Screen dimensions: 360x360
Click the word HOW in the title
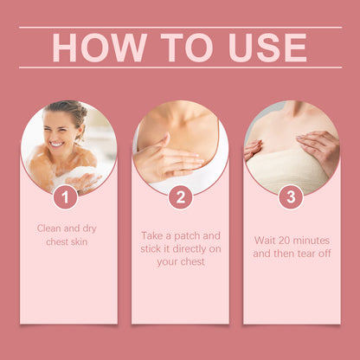pyautogui.click(x=100, y=48)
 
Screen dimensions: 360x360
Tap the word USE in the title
pyautogui.click(x=267, y=48)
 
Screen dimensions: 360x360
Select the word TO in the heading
pyautogui.click(x=187, y=48)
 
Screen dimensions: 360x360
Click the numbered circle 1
pyautogui.click(x=66, y=197)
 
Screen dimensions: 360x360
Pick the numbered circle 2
pyautogui.click(x=181, y=197)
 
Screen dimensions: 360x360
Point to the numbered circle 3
pyautogui.click(x=291, y=197)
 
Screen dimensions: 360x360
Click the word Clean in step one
pyautogui.click(x=49, y=228)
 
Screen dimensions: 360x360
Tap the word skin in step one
pyautogui.click(x=79, y=241)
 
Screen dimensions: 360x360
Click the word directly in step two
pyautogui.click(x=190, y=248)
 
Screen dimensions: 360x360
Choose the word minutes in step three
pyautogui.click(x=311, y=241)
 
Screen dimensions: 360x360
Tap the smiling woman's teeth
pyautogui.click(x=56, y=144)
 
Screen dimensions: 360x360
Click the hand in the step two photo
pyautogui.click(x=167, y=159)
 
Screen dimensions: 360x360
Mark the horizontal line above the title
pyautogui.click(x=180, y=28)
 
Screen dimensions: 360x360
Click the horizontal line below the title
pyautogui.click(x=180, y=67)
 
